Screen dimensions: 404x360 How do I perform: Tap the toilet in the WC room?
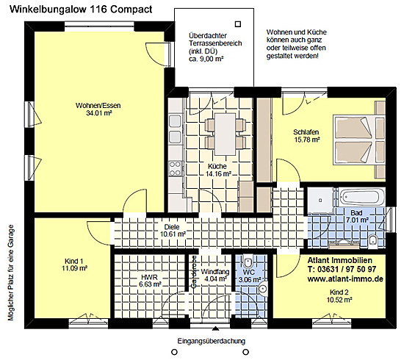pos(248,262)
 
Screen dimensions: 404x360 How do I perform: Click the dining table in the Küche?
pos(226,134)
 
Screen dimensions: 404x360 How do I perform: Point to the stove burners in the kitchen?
pos(175,168)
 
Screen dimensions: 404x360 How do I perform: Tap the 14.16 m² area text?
pos(218,173)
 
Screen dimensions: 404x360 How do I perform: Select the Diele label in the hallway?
pos(172,227)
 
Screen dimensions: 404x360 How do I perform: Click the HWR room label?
pos(149,277)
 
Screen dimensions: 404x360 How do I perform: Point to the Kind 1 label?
pos(74,261)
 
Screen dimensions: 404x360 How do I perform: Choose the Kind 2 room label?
pos(339,292)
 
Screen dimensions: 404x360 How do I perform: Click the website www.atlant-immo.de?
pos(345,278)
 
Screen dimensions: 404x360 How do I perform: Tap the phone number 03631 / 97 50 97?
pos(347,270)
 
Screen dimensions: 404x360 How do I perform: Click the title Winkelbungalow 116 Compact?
pos(81,10)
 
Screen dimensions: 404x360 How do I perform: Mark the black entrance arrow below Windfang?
pos(215,328)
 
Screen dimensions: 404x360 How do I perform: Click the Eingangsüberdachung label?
pos(212,341)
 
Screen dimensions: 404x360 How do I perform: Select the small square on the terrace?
pos(238,24)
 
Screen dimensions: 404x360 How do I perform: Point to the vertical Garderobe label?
pos(194,271)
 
